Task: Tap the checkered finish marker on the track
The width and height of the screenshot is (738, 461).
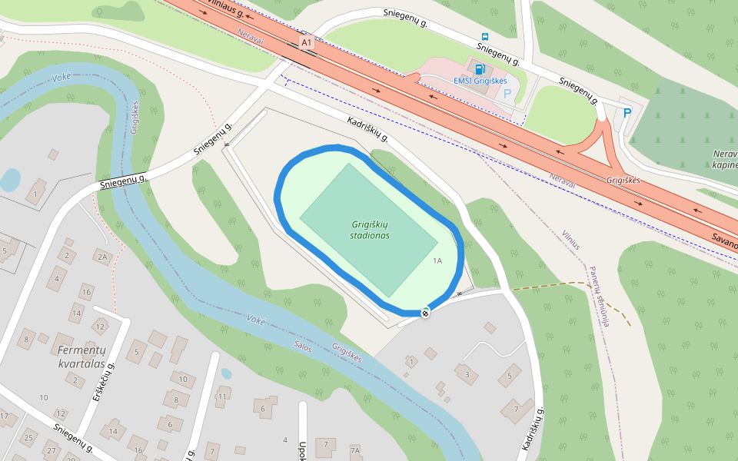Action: [425, 311]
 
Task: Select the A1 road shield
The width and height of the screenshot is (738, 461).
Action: [307, 43]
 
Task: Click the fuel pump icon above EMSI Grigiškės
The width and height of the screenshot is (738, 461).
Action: [480, 68]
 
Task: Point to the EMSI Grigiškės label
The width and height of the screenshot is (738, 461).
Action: [480, 81]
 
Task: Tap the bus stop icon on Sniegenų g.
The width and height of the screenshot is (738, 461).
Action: [485, 36]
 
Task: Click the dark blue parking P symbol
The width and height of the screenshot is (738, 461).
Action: [627, 113]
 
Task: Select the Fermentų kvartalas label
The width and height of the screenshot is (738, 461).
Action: [81, 357]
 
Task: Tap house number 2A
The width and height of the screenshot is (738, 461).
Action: [101, 257]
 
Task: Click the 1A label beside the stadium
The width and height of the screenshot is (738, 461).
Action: [437, 261]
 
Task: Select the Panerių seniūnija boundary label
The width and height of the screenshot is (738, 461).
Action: [600, 297]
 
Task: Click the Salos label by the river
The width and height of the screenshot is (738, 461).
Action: [303, 347]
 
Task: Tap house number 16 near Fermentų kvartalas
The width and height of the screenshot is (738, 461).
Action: [87, 293]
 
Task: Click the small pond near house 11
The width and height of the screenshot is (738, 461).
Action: [226, 374]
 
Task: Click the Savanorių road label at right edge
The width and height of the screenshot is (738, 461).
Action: [724, 240]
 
